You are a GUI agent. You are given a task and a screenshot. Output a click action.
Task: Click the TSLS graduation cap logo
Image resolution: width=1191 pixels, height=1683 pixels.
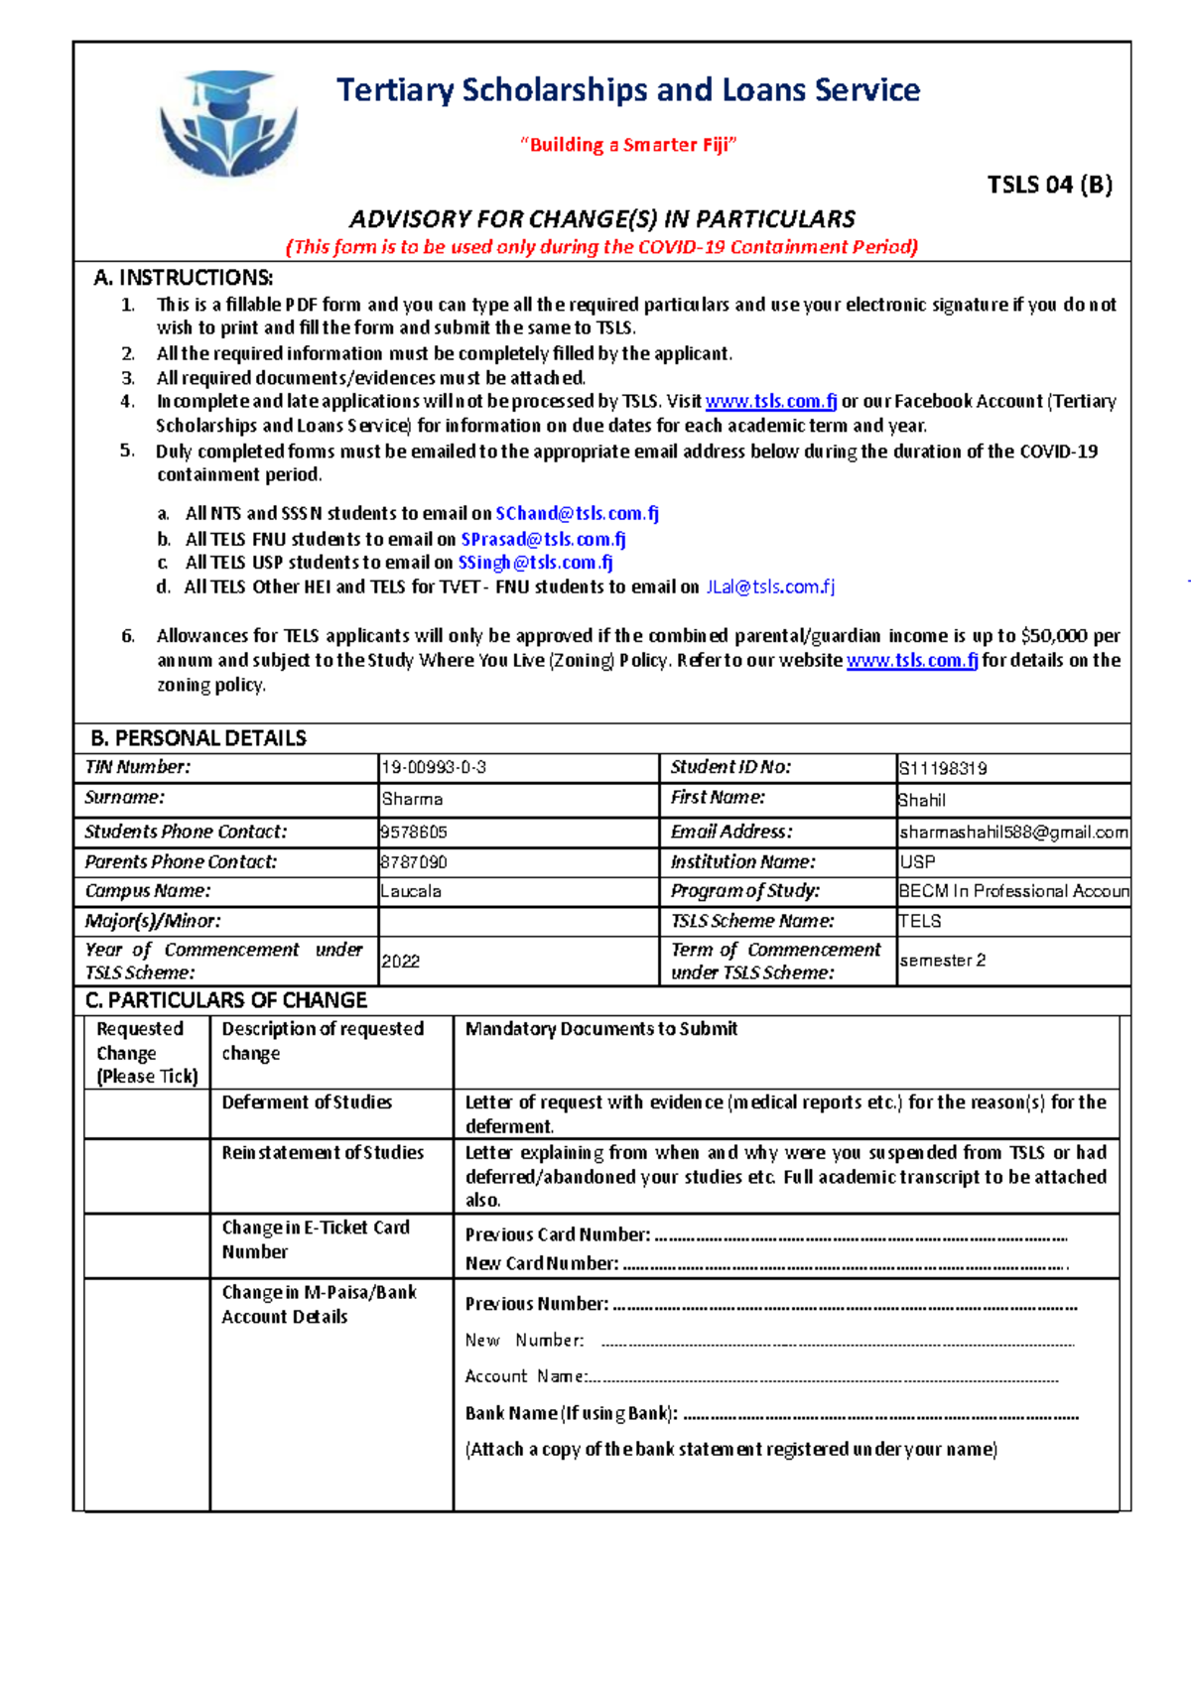[x=228, y=123]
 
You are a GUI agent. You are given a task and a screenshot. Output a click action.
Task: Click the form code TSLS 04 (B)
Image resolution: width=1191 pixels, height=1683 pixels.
[x=1049, y=185]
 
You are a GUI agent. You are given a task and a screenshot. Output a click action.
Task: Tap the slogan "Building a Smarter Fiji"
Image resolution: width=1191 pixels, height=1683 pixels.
[x=627, y=145]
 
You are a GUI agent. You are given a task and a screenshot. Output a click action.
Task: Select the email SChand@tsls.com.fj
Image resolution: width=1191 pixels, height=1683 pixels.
[x=577, y=513]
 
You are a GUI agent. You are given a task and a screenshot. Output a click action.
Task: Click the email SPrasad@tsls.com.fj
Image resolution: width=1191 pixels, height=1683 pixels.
[x=543, y=539]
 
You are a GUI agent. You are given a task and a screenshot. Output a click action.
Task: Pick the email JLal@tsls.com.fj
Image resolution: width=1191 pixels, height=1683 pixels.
[x=770, y=586]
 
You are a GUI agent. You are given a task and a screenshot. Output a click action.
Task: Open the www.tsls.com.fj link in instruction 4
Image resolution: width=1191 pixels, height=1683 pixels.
[x=770, y=401]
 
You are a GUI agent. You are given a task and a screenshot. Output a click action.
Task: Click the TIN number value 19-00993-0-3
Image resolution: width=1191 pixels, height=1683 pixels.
[x=434, y=768]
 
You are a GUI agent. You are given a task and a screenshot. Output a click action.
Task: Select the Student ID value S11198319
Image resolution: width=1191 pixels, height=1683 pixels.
[x=942, y=768]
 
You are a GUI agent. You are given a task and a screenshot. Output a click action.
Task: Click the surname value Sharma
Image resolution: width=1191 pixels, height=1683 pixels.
[x=412, y=799]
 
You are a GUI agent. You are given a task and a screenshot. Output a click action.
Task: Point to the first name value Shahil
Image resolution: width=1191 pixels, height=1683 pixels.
[x=921, y=800]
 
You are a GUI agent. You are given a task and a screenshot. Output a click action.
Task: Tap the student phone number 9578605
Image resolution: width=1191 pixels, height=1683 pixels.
[x=413, y=832]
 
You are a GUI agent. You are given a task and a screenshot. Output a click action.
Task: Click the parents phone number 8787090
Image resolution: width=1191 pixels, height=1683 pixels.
[x=413, y=862]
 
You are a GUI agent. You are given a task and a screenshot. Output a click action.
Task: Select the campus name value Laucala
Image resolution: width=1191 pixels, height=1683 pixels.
[x=411, y=891]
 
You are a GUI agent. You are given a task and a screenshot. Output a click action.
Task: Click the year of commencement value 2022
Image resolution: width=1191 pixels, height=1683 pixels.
[x=401, y=961]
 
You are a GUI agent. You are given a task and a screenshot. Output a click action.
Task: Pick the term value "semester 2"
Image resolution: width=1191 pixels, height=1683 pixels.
[x=942, y=960]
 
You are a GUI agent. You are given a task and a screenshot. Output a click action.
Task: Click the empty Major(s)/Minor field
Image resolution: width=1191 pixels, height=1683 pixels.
[x=517, y=921]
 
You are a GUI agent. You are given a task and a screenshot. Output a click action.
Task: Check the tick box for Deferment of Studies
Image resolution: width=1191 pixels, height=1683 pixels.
[x=147, y=1113]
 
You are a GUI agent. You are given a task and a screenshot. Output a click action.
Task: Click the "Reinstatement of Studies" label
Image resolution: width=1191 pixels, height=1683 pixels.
[x=323, y=1152]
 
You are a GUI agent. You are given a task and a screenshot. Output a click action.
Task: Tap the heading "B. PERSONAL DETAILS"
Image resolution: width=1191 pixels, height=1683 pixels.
[x=198, y=738]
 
